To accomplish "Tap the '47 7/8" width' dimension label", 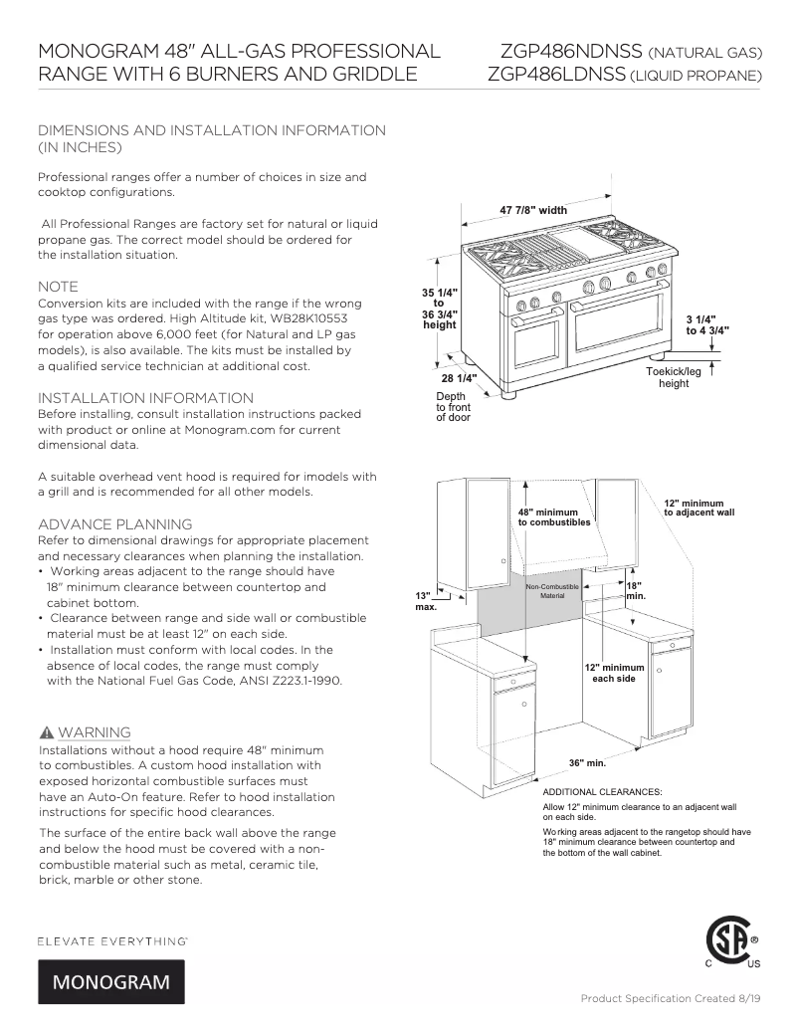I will click(532, 210).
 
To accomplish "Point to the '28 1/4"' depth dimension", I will click(459, 378).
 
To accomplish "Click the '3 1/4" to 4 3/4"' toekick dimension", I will click(707, 324).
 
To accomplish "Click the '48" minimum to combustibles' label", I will click(554, 516).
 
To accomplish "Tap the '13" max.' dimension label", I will click(426, 600).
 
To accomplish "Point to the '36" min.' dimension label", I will click(587, 762).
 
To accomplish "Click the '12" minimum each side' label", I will click(614, 673).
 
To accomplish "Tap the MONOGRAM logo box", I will click(110, 982).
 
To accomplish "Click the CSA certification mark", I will click(731, 941).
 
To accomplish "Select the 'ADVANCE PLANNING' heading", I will click(114, 524).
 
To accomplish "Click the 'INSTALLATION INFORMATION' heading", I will click(145, 398).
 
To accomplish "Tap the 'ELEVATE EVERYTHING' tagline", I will click(112, 939).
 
